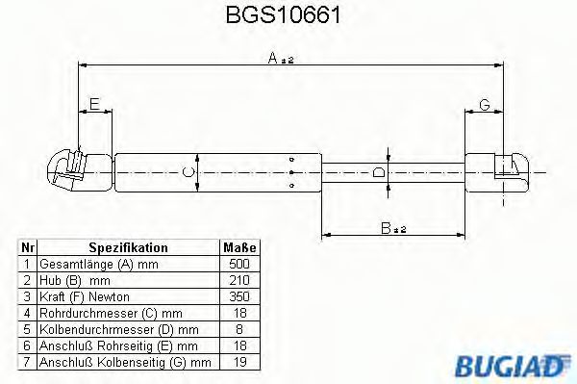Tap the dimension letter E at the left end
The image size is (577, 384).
93,104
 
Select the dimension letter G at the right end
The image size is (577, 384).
484,103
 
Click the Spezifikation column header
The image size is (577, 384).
128,247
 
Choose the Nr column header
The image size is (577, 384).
29,247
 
